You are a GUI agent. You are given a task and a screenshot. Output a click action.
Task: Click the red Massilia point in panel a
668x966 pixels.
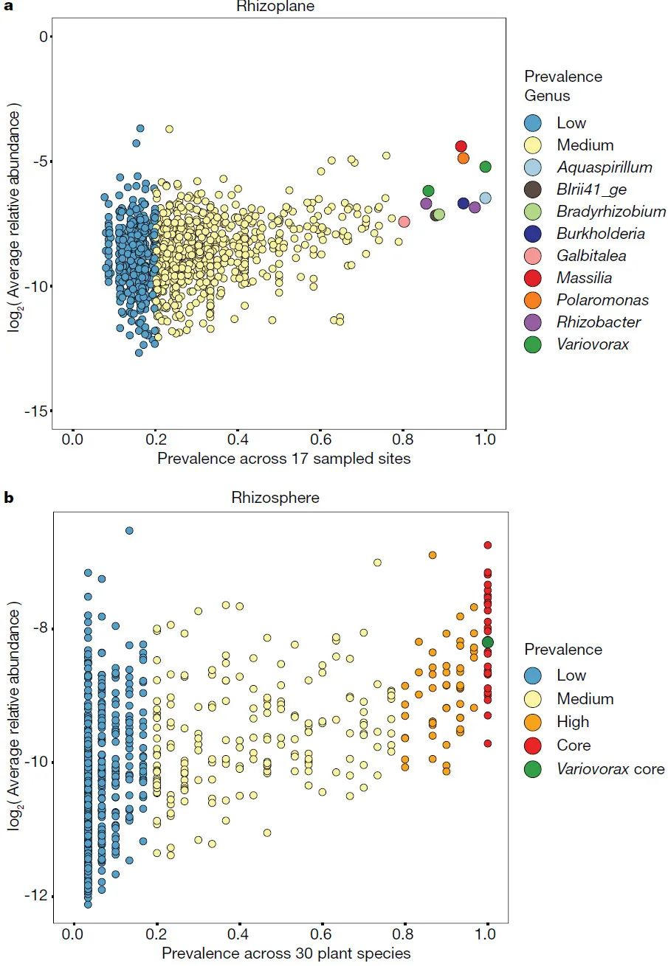pyautogui.click(x=461, y=146)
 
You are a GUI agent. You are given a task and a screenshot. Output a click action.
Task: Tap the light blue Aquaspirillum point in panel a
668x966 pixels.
pyautogui.click(x=485, y=198)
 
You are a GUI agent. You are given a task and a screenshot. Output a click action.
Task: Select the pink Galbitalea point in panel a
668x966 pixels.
pyautogui.click(x=404, y=221)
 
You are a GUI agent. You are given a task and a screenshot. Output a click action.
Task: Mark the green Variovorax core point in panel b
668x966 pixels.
pyautogui.click(x=487, y=642)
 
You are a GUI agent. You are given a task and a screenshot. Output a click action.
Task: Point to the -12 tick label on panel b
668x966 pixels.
pyautogui.click(x=33, y=895)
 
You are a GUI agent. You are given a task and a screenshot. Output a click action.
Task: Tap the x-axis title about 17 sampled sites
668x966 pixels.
pyautogui.click(x=284, y=459)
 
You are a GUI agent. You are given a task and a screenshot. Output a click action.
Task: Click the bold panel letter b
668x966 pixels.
pyautogui.click(x=9, y=498)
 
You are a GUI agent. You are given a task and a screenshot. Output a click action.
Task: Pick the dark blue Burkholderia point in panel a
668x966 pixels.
pyautogui.click(x=464, y=204)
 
